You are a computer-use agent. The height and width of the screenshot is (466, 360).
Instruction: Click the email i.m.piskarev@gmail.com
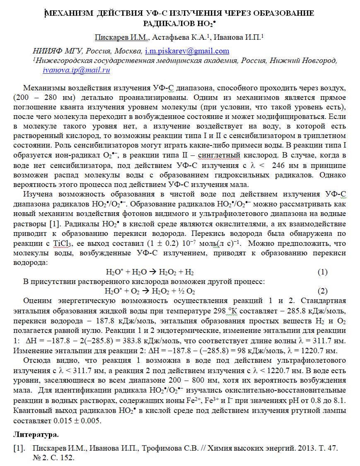pos(187,51)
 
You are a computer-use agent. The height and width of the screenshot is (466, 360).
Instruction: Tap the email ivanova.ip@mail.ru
pos(76,70)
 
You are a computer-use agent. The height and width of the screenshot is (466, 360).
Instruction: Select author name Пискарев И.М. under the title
pos(121,38)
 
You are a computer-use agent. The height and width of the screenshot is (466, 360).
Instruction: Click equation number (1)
pos(322,272)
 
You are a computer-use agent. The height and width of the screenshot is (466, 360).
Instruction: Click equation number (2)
pos(322,291)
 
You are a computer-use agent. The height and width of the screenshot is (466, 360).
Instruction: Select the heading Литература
pos(36,435)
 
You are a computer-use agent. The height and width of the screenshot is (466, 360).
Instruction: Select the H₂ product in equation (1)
pos(189,272)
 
